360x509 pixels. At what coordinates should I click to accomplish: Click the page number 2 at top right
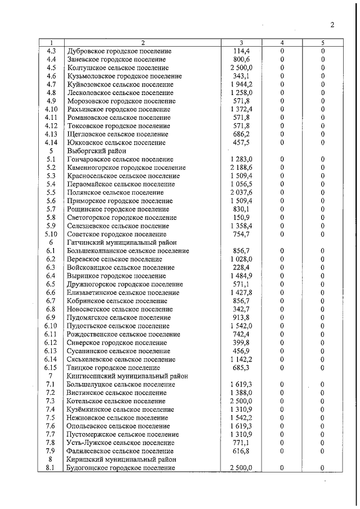click(x=332, y=25)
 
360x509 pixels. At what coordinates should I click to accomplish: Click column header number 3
click(x=241, y=43)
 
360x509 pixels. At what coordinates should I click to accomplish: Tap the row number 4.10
click(x=51, y=109)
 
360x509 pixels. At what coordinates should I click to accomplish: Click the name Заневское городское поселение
click(x=116, y=59)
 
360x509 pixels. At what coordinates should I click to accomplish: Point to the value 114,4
click(x=241, y=51)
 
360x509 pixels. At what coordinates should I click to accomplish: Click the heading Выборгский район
click(x=93, y=151)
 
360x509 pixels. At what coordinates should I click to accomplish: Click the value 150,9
click(x=241, y=217)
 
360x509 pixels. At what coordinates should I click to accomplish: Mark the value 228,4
click(x=241, y=267)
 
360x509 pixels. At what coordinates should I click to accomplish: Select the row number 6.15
click(x=51, y=367)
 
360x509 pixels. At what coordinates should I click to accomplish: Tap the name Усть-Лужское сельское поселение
click(x=120, y=443)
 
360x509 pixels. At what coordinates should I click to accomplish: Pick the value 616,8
click(x=241, y=451)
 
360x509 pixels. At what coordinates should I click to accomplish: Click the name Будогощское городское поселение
click(x=121, y=467)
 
